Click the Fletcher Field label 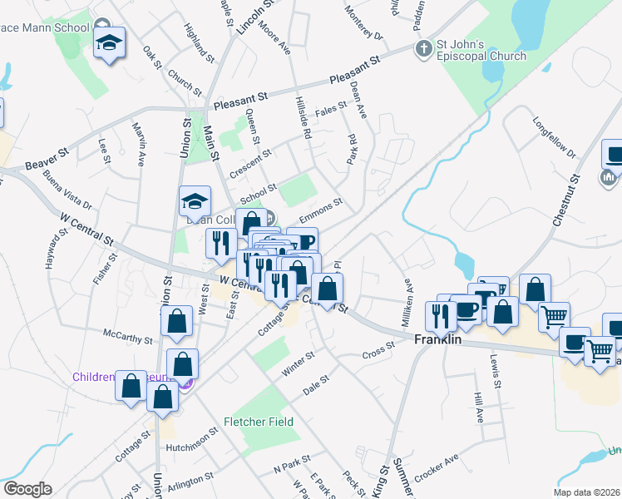click(258, 422)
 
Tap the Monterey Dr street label click(367, 29)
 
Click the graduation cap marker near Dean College click(194, 200)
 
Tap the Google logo click(27, 489)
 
